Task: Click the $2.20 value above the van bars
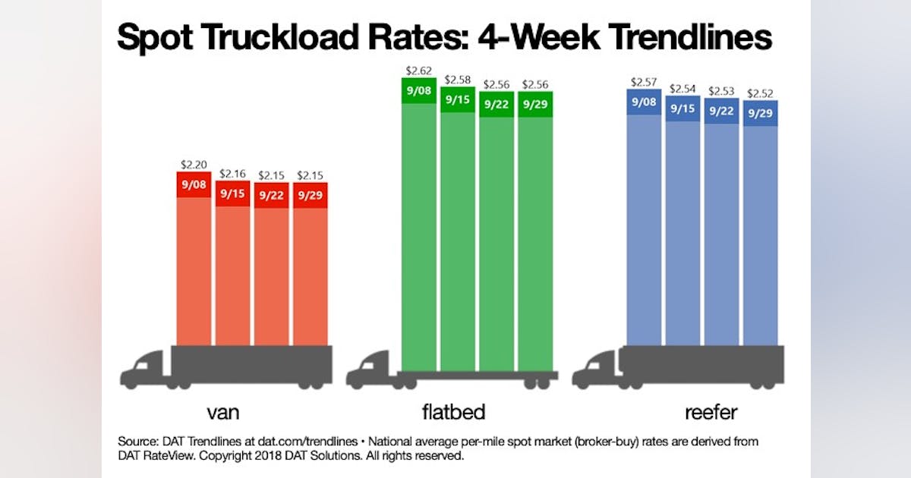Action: pyautogui.click(x=194, y=164)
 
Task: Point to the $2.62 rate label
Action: pyautogui.click(x=418, y=71)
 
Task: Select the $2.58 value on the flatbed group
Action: pyautogui.click(x=458, y=80)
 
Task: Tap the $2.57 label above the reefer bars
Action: pyautogui.click(x=644, y=82)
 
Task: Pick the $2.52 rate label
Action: pyautogui.click(x=760, y=94)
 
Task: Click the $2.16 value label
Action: pyautogui.click(x=232, y=174)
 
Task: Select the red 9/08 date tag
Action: pyautogui.click(x=194, y=184)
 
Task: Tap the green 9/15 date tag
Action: pyautogui.click(x=458, y=99)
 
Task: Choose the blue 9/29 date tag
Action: pyautogui.click(x=760, y=113)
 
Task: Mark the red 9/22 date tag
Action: pyautogui.click(x=271, y=195)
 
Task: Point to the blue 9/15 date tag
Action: pyautogui.click(x=682, y=108)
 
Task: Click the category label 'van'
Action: pyautogui.click(x=224, y=413)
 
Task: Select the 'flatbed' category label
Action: pyautogui.click(x=453, y=412)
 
